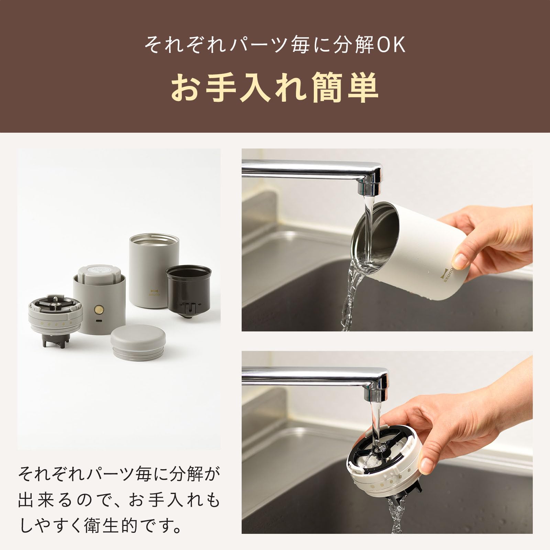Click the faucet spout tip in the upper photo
click(370, 187)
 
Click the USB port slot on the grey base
click(100, 321)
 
